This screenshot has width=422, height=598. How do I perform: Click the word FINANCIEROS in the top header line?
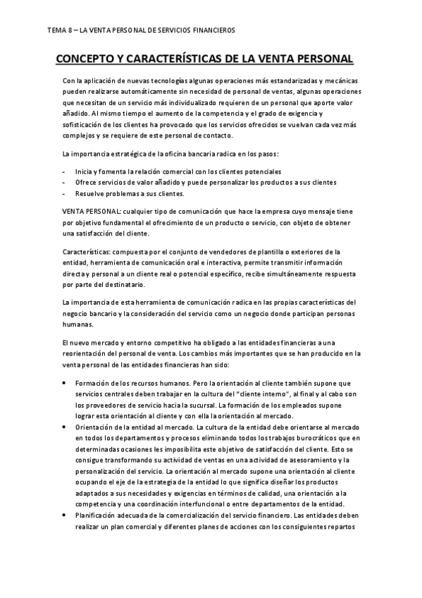(x=210, y=30)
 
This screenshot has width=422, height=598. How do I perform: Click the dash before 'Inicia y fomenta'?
(x=64, y=172)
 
